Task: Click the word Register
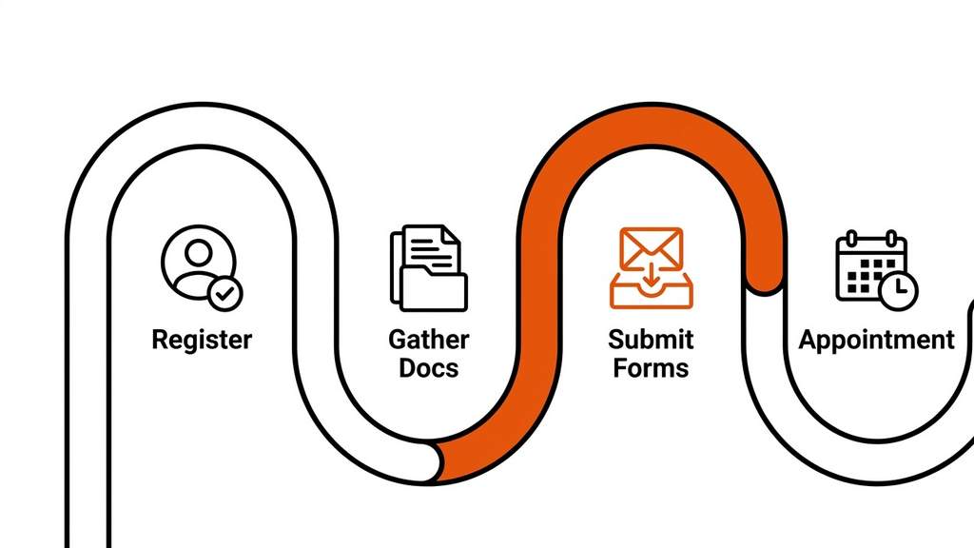click(x=202, y=340)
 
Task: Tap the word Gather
click(x=428, y=340)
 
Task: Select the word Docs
click(x=428, y=368)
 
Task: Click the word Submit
click(x=651, y=340)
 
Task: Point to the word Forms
click(x=651, y=368)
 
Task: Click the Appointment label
click(x=876, y=340)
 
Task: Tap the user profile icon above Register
click(x=199, y=264)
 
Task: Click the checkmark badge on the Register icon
click(x=225, y=293)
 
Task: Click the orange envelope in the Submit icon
click(x=651, y=249)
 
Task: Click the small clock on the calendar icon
click(x=898, y=290)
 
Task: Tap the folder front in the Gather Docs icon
click(x=434, y=288)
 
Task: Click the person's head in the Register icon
click(x=198, y=252)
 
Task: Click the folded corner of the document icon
click(x=450, y=233)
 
